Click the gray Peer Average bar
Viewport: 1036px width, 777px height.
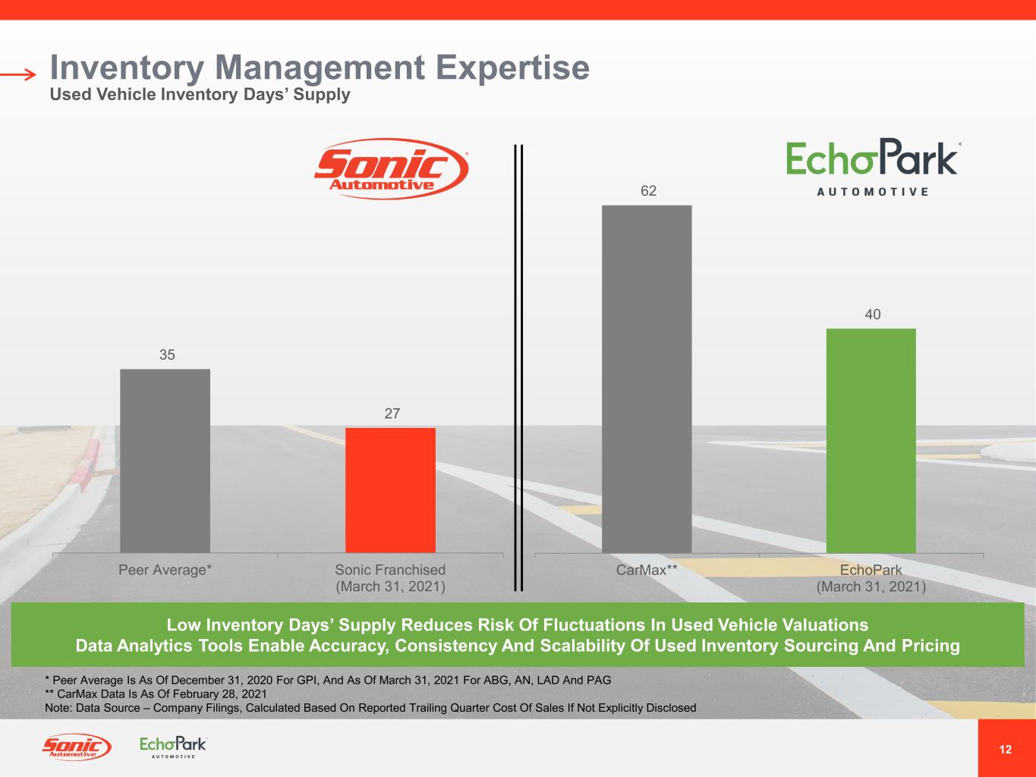[x=165, y=461]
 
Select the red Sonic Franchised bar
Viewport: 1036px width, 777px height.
[x=390, y=490]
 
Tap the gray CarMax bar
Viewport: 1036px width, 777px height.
[x=647, y=379]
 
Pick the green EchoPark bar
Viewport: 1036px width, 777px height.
[x=871, y=440]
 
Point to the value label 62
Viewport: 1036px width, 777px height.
[x=648, y=191]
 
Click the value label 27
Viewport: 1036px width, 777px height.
[x=392, y=414]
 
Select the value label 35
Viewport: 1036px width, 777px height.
[x=167, y=354]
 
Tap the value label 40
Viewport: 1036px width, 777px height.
[x=873, y=314]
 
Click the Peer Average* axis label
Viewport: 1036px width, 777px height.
[x=165, y=570]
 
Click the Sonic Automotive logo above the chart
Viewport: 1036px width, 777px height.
[x=392, y=168]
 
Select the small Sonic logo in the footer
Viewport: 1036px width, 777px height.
[x=76, y=747]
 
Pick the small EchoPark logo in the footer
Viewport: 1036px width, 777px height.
[x=173, y=747]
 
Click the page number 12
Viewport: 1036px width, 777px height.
[x=1006, y=750]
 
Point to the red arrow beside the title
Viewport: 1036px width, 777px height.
[x=18, y=74]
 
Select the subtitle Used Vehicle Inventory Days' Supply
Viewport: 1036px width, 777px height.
[x=200, y=95]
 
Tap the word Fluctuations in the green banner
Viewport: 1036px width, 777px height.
[x=583, y=625]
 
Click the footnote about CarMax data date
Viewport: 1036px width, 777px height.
[x=156, y=694]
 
